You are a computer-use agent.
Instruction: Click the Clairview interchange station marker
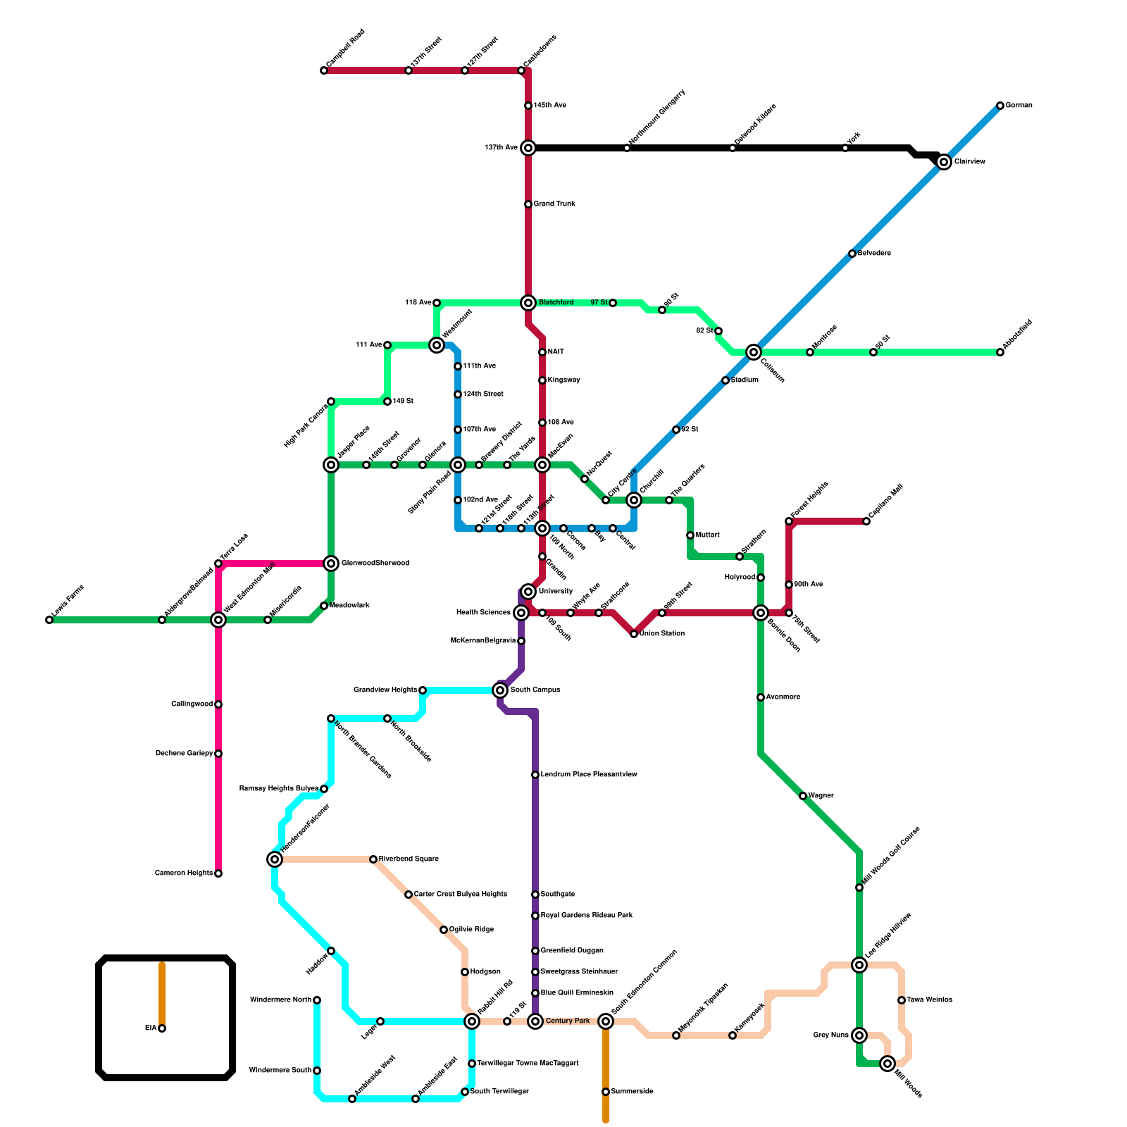point(944,162)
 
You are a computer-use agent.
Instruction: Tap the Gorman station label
point(1019,106)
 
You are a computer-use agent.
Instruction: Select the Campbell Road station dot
point(324,70)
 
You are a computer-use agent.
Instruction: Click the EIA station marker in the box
point(162,1028)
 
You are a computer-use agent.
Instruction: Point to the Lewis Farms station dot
point(49,620)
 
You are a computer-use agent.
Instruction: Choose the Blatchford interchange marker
point(528,303)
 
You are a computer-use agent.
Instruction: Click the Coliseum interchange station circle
point(754,352)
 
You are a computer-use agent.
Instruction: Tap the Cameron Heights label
point(183,873)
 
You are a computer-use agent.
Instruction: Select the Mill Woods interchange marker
point(888,1064)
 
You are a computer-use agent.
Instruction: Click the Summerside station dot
point(606,1092)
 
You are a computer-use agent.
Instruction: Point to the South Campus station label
point(535,690)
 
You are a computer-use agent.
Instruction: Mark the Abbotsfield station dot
point(1000,352)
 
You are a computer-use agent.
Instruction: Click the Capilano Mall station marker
point(866,521)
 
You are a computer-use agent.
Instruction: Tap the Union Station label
point(662,634)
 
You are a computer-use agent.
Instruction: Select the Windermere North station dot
point(317,1000)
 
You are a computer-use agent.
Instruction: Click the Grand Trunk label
point(554,204)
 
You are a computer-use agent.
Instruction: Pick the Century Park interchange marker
point(535,1021)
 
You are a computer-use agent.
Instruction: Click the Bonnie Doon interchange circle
point(761,613)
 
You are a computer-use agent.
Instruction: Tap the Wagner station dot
point(803,796)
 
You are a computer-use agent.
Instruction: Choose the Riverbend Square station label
point(409,859)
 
